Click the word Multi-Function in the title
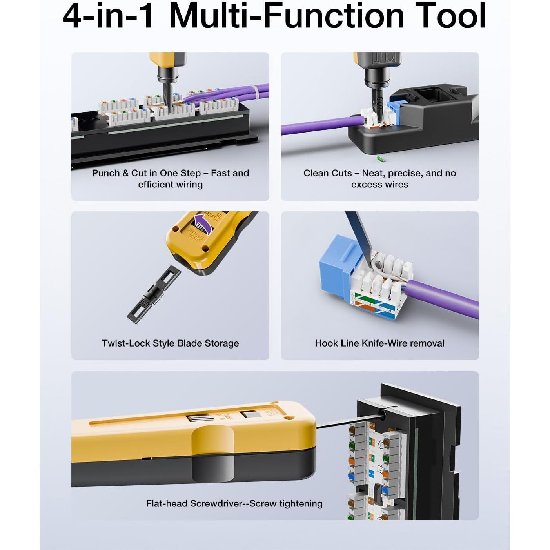coord(286,16)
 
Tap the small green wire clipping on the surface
coord(379,159)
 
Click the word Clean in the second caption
coord(317,173)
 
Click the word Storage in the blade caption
coord(221,343)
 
